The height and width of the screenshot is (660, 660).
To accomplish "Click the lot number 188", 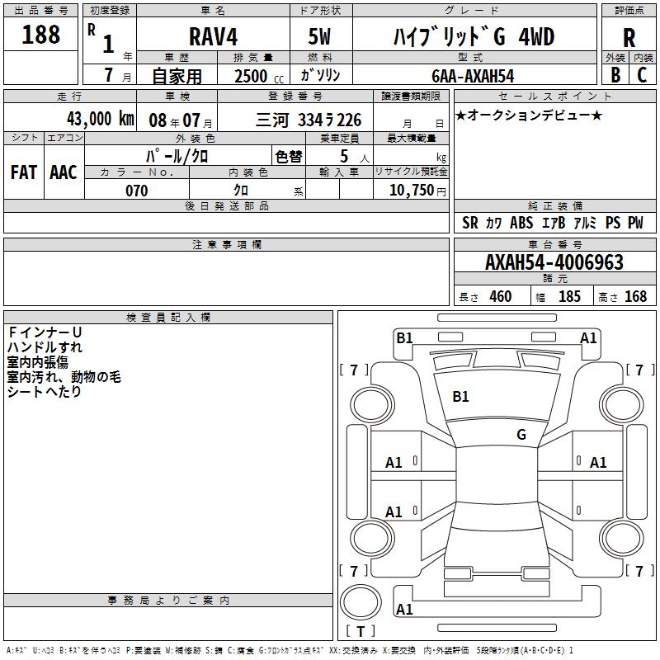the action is point(41,35).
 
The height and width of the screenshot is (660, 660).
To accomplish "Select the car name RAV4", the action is point(213,37).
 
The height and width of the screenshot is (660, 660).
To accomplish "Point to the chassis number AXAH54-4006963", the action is point(554,263).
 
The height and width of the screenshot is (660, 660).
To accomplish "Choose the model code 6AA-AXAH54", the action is point(473,76).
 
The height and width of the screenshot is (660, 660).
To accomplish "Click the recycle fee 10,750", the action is point(411,190).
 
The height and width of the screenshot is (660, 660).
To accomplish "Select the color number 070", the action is point(137,191).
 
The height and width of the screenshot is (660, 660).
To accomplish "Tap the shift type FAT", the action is point(24,172).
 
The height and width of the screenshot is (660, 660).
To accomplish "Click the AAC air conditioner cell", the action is point(64,172).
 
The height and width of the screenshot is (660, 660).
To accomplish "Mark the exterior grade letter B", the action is point(615,75).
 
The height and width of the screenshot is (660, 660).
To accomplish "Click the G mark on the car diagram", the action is point(521,434).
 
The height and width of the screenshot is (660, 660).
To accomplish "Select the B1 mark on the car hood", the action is point(460,397).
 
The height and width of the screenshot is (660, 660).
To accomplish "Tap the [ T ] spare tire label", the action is point(361,632).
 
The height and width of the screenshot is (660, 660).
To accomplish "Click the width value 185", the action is point(569,297).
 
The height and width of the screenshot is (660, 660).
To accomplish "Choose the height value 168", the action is point(635,297).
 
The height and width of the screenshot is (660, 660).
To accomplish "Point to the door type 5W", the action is point(319,37).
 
